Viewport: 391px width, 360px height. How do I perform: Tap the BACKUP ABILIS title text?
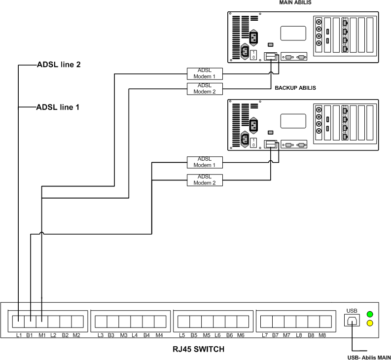pyautogui.click(x=295, y=88)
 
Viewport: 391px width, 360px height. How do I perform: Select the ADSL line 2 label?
pyautogui.click(x=59, y=65)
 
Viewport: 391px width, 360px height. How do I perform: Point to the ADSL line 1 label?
pyautogui.click(x=59, y=107)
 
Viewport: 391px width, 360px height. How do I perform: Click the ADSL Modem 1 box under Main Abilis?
pyautogui.click(x=205, y=73)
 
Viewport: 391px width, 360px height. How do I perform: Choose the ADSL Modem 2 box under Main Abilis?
pyautogui.click(x=205, y=89)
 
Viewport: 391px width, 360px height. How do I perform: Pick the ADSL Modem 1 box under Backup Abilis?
pyautogui.click(x=205, y=162)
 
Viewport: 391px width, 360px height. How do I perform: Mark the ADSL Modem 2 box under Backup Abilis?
pyautogui.click(x=205, y=180)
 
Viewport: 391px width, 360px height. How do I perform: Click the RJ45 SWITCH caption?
pyautogui.click(x=190, y=349)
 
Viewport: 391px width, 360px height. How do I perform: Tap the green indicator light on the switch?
pyautogui.click(x=370, y=314)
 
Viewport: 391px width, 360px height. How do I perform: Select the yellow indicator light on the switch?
pyautogui.click(x=370, y=324)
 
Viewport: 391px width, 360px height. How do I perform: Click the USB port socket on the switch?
pyautogui.click(x=352, y=320)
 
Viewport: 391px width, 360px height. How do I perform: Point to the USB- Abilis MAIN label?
pyautogui.click(x=366, y=357)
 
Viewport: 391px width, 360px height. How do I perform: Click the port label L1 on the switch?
pyautogui.click(x=19, y=335)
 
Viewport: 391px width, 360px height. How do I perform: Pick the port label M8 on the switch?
pyautogui.click(x=322, y=335)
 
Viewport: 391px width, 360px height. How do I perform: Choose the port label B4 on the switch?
pyautogui.click(x=147, y=335)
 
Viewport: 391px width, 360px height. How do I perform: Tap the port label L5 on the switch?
pyautogui.click(x=181, y=335)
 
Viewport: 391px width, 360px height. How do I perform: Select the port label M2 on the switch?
pyautogui.click(x=76, y=335)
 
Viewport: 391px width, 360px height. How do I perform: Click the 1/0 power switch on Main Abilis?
pyautogui.click(x=254, y=54)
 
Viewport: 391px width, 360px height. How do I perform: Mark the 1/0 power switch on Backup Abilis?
pyautogui.click(x=253, y=142)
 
